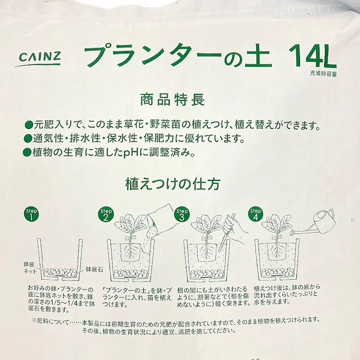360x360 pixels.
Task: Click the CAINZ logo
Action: [40, 59]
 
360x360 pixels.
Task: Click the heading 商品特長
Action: [172, 99]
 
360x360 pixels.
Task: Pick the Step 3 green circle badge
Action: [182, 215]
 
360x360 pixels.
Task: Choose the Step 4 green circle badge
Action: [256, 215]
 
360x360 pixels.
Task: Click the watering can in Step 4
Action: [320, 222]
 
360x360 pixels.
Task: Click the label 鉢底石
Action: [94, 270]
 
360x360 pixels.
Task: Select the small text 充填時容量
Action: [324, 74]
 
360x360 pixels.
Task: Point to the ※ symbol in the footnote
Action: [34, 320]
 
